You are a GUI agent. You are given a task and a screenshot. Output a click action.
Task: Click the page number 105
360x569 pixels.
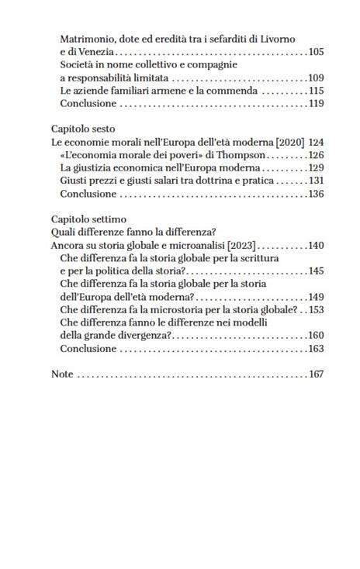pyautogui.click(x=315, y=52)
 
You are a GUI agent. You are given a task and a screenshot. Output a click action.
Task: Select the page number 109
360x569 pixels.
pyautogui.click(x=315, y=78)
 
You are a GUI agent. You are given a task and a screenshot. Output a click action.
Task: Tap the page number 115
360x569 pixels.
pyautogui.click(x=315, y=91)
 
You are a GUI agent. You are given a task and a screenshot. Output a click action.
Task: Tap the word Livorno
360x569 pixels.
pyautogui.click(x=276, y=39)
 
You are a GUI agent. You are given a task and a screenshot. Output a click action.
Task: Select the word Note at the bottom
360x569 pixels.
pyautogui.click(x=62, y=374)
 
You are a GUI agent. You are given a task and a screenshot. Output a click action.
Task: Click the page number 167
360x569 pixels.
pyautogui.click(x=315, y=374)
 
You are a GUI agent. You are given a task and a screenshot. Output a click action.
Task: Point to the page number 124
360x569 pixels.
pyautogui.click(x=315, y=143)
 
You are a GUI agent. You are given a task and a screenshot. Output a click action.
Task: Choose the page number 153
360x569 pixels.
pyautogui.click(x=315, y=309)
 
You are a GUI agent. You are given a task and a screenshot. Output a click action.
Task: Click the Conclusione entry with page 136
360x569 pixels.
pyautogui.click(x=88, y=194)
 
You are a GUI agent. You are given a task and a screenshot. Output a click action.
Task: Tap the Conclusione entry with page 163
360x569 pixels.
pyautogui.click(x=88, y=348)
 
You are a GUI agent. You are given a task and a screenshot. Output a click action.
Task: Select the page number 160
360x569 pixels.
pyautogui.click(x=315, y=336)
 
